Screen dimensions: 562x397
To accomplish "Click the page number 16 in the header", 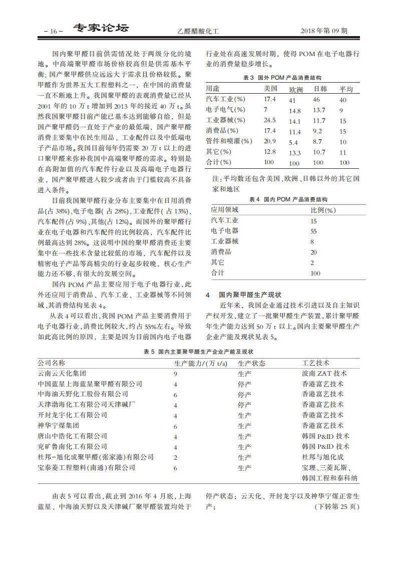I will tap(53, 31).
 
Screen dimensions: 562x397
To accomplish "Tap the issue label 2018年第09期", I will tap(324, 31).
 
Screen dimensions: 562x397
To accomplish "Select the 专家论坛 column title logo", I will tap(101, 29).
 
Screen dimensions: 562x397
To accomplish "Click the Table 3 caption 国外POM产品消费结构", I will tap(282, 78).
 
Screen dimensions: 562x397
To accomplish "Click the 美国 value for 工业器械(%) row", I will tap(270, 120).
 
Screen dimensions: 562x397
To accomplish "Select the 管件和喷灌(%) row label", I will tap(229, 141).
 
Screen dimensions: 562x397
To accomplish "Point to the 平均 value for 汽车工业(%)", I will tap(343, 100).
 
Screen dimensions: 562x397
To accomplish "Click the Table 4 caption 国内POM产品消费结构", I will tap(282, 199).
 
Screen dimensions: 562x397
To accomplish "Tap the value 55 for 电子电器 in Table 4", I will tap(314, 231).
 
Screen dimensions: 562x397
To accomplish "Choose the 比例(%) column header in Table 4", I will tap(323, 210).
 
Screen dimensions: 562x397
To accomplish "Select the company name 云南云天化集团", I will tap(62, 374).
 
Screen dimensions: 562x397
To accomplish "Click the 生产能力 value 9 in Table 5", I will tap(176, 374).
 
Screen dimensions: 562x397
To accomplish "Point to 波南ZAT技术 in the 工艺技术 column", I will tap(324, 374).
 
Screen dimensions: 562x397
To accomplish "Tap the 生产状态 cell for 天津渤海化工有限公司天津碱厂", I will tap(244, 405).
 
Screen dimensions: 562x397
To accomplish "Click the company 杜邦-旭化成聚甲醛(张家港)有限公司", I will tap(96, 457).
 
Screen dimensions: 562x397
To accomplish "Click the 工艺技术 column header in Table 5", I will tap(315, 363).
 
